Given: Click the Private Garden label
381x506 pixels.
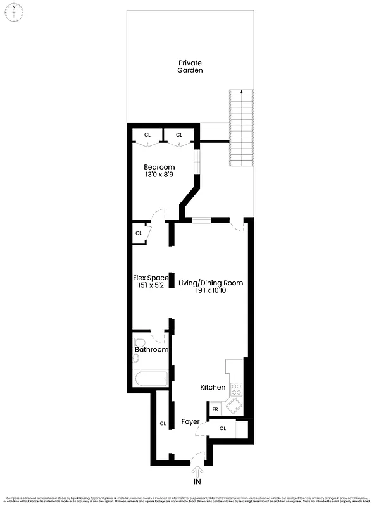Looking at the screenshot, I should (190, 66).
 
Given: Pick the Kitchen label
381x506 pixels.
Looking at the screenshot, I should (213, 387).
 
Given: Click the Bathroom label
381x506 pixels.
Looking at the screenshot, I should (151, 349).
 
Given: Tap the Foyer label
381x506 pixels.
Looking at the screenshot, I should (190, 421).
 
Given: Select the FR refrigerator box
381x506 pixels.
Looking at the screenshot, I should (215, 410).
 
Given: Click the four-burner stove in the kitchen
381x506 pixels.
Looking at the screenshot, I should (237, 389).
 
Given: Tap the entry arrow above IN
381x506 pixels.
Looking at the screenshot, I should (198, 471).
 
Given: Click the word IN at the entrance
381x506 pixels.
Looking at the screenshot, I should (198, 482).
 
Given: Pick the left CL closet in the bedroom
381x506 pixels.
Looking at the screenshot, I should (147, 135).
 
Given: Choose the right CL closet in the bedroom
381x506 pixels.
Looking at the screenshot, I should (179, 135).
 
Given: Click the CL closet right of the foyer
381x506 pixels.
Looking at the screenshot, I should (223, 429).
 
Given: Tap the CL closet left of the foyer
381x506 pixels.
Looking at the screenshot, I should (163, 423).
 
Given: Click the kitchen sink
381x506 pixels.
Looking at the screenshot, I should (234, 405).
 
